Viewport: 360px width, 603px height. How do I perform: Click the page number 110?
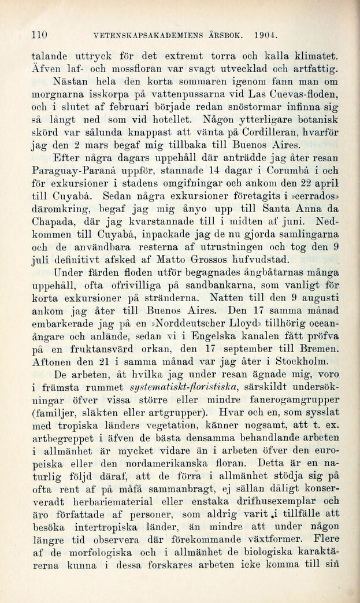(x=39, y=35)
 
